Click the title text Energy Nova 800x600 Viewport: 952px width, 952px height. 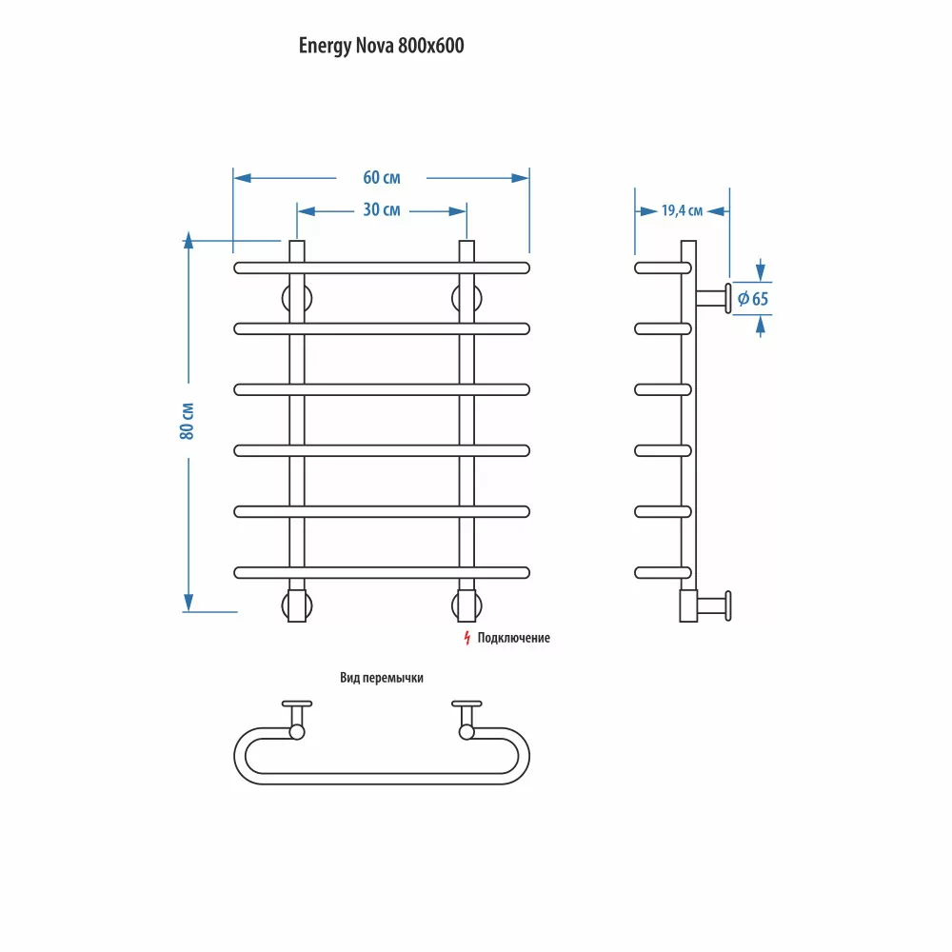(382, 46)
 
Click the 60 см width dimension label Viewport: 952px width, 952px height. (381, 178)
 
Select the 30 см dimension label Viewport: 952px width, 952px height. (381, 210)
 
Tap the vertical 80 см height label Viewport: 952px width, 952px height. (188, 419)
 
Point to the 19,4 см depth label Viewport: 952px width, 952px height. (682, 211)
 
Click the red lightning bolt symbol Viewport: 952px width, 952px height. (466, 638)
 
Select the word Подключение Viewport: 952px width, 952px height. (514, 638)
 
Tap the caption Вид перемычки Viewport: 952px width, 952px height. (381, 679)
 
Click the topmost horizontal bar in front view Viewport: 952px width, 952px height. (381, 268)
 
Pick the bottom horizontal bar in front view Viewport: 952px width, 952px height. (381, 572)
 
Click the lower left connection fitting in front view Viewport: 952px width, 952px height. (296, 605)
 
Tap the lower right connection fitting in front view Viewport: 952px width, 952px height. (466, 605)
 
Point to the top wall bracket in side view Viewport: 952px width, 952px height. (714, 298)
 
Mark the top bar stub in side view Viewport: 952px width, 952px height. (658, 268)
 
